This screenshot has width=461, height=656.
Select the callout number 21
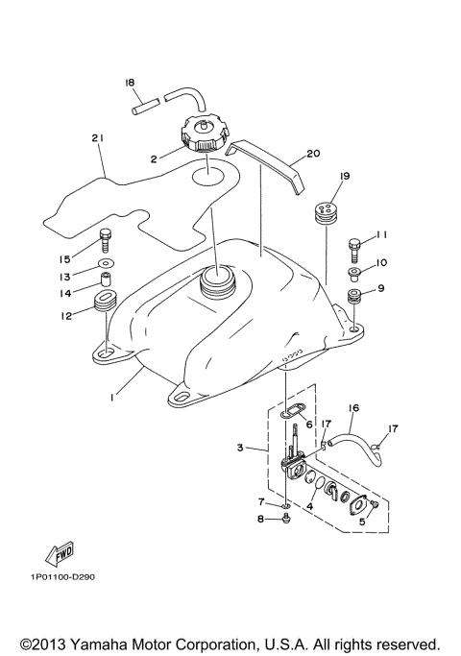(x=97, y=139)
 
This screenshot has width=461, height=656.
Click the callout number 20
(x=312, y=153)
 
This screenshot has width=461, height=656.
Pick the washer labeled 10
(x=355, y=274)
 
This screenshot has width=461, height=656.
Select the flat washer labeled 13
(x=106, y=261)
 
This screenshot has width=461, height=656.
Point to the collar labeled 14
(x=107, y=280)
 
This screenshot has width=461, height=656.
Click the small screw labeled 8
(x=287, y=519)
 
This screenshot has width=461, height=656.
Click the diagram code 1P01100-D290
(x=61, y=577)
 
